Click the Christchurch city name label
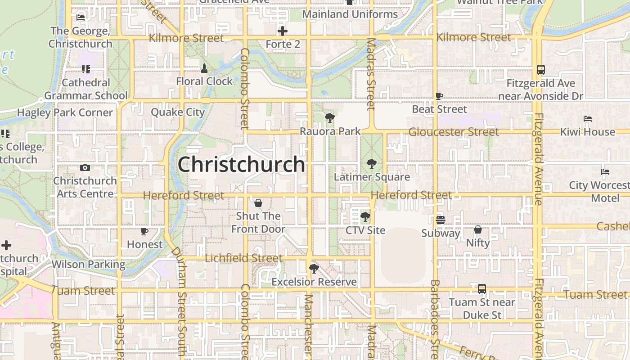pos(241,164)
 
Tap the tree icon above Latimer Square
pos(372,164)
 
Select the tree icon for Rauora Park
pos(330,118)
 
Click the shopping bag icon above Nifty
pos(478,230)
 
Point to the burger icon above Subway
pos(441,220)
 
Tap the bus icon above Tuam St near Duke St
pos(482,289)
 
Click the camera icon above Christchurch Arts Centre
pos(85,168)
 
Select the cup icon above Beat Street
pos(439,96)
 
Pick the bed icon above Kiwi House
pos(588,119)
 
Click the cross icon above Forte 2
pos(283,31)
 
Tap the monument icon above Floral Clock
pos(204,68)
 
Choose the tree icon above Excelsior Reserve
pos(314,269)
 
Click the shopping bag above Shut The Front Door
pos(258,203)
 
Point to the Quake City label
pos(178,112)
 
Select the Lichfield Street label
pos(243,258)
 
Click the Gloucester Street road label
pos(454,132)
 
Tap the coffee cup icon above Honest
pos(144,231)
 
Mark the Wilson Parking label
pos(88,264)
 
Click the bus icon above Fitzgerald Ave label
pos(541,70)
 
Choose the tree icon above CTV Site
pos(365,217)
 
